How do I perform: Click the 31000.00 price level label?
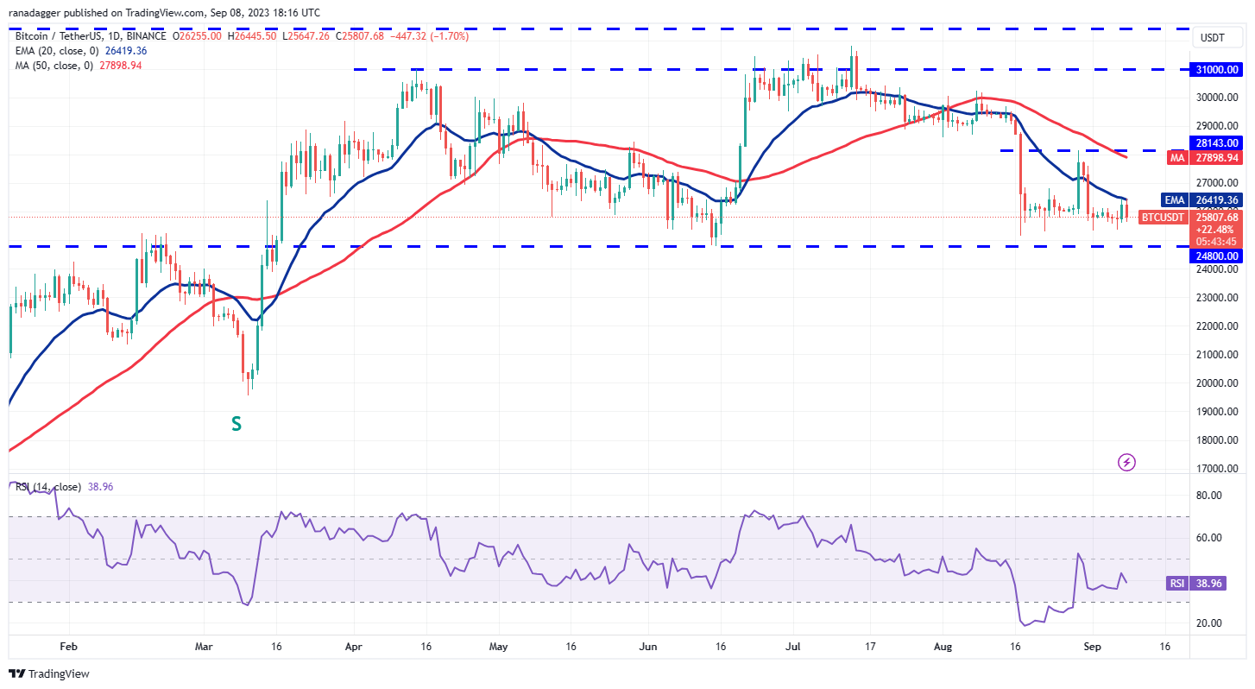pos(1218,69)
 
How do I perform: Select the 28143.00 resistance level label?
pos(1218,142)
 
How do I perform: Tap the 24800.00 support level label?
pos(1218,256)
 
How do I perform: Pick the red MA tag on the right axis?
pos(1177,158)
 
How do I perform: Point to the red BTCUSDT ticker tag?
pos(1163,218)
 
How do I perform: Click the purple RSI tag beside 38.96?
pos(1177,584)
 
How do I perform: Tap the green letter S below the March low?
pos(235,424)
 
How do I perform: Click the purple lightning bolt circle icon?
pos(1126,463)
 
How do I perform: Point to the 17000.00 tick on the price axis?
pos(1218,469)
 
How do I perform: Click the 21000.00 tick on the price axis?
pos(1218,355)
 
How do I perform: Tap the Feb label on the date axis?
pos(69,645)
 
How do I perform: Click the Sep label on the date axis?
pos(1089,645)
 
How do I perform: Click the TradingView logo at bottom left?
pos(49,673)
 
